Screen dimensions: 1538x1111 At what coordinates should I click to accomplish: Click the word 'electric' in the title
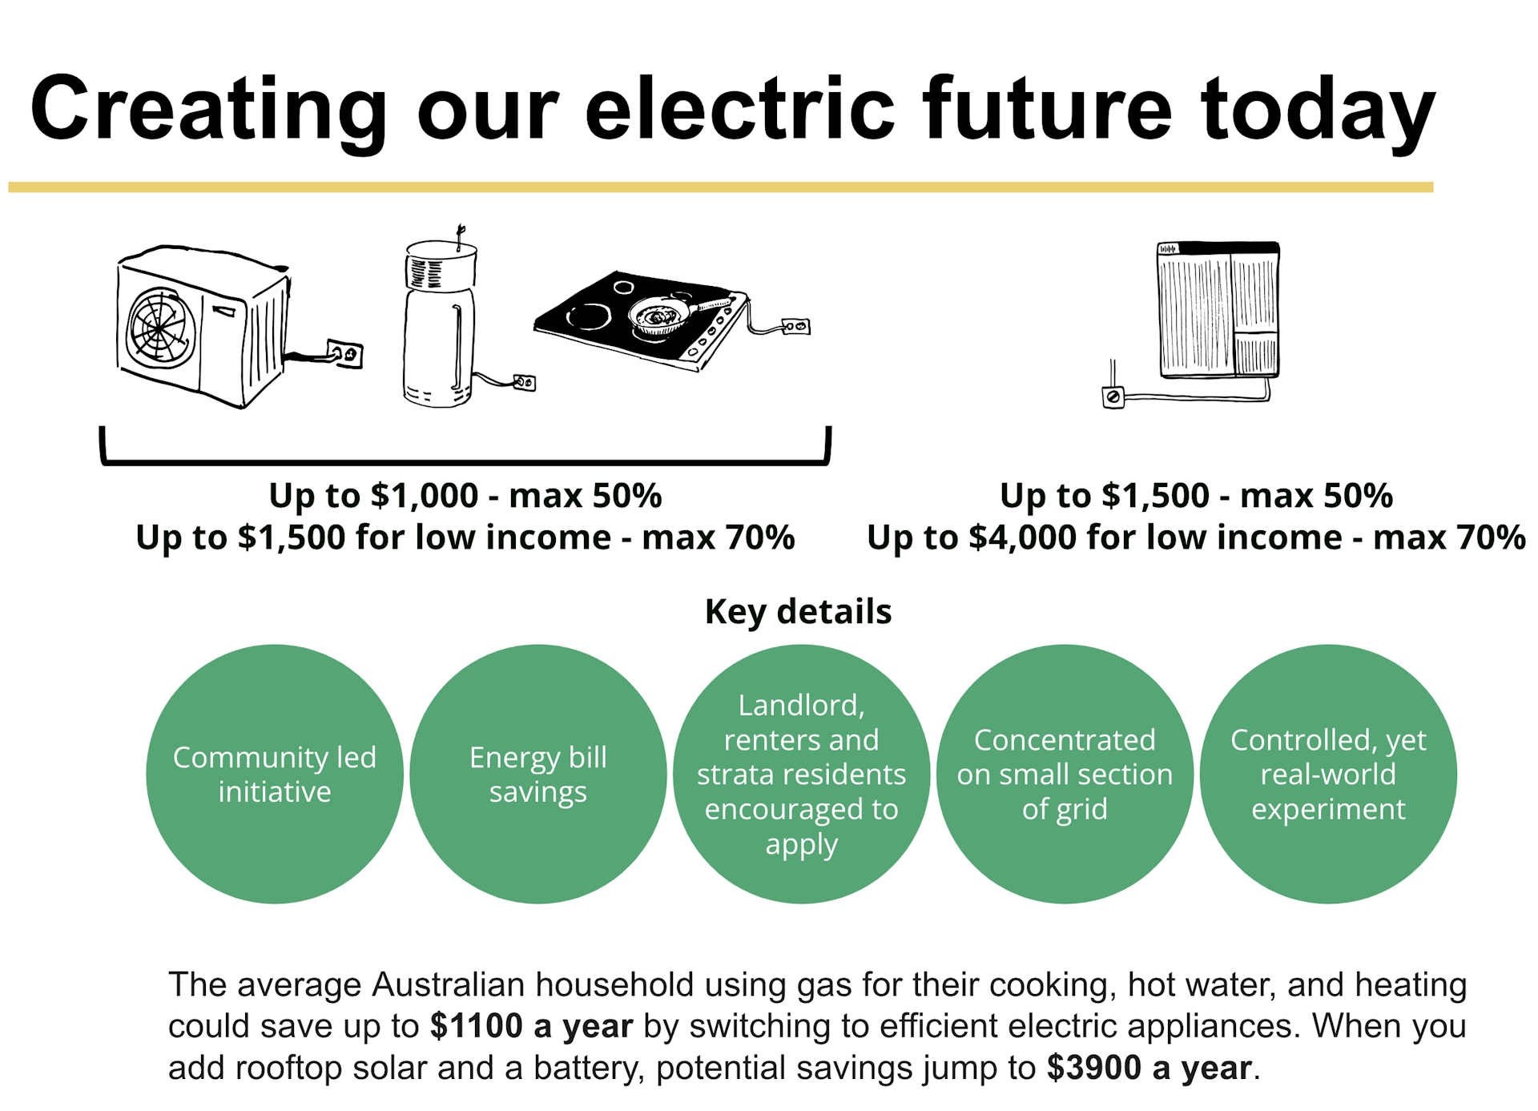pos(740,108)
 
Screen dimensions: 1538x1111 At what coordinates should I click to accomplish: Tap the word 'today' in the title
pos(1318,112)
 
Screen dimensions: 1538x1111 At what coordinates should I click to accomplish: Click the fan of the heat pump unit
pos(162,328)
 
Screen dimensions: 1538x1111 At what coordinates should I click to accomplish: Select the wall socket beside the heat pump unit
pos(345,353)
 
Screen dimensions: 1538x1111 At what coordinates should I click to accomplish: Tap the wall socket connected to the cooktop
pos(795,326)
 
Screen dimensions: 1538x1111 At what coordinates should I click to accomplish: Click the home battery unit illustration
pos(1218,310)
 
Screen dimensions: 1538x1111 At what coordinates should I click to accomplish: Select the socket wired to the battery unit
pos(1113,396)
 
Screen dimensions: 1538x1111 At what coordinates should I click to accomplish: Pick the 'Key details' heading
pos(798,612)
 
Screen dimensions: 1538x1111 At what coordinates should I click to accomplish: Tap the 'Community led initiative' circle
pos(275,774)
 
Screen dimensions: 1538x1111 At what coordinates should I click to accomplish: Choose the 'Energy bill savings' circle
pos(538,774)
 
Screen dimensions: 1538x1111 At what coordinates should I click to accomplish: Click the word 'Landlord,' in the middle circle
pos(801,706)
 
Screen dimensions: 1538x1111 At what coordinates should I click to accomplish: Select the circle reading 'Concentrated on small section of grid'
pos(1065,774)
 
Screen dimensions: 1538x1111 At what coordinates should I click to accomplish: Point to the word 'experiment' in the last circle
pos(1328,810)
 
